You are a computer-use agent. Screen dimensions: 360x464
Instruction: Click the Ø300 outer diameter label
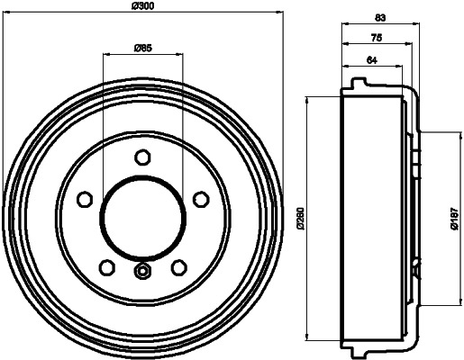pos(141,8)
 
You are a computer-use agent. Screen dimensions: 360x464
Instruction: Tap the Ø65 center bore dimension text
pos(141,48)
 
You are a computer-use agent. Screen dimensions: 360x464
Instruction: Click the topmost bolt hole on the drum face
pos(142,157)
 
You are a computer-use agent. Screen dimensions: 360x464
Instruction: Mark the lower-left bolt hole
pos(106,266)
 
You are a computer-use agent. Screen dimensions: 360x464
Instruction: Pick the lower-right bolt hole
pos(177,266)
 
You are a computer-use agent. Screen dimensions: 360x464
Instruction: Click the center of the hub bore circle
pos(142,217)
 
